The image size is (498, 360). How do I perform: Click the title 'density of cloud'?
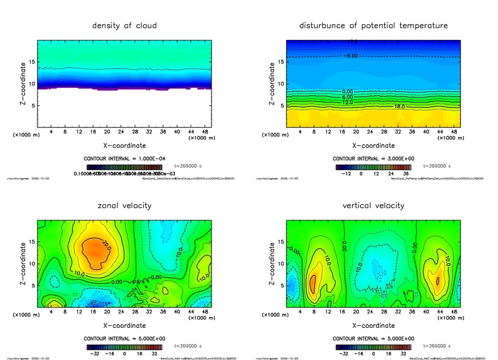(124, 25)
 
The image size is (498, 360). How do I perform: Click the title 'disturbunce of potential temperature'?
(373, 25)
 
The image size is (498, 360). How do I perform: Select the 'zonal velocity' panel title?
(124, 205)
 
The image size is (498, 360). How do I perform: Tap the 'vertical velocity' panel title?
(373, 205)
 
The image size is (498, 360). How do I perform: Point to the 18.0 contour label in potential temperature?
(399, 106)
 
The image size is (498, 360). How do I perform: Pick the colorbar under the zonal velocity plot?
(124, 347)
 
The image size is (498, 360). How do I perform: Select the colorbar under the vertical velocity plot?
(373, 347)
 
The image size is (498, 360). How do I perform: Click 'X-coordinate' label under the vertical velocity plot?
(373, 325)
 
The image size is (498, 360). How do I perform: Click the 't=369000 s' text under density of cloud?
(188, 166)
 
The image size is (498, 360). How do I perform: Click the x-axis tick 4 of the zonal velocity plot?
(51, 311)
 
